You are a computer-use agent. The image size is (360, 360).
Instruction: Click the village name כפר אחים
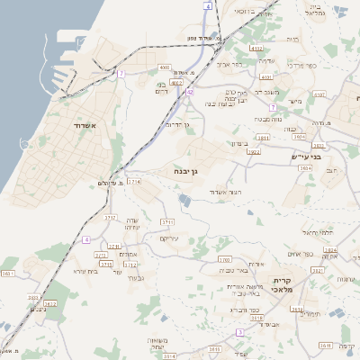301,254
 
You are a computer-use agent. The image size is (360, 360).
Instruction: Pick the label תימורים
311,314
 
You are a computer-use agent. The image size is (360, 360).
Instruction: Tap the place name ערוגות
345,278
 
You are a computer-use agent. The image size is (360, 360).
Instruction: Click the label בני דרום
163,86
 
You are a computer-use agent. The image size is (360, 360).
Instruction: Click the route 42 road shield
189,92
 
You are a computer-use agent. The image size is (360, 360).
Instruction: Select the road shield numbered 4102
256,49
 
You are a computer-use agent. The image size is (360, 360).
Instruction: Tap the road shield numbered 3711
166,220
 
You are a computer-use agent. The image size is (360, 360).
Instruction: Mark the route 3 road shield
239,332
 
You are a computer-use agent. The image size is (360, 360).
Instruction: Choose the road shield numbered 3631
9,273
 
